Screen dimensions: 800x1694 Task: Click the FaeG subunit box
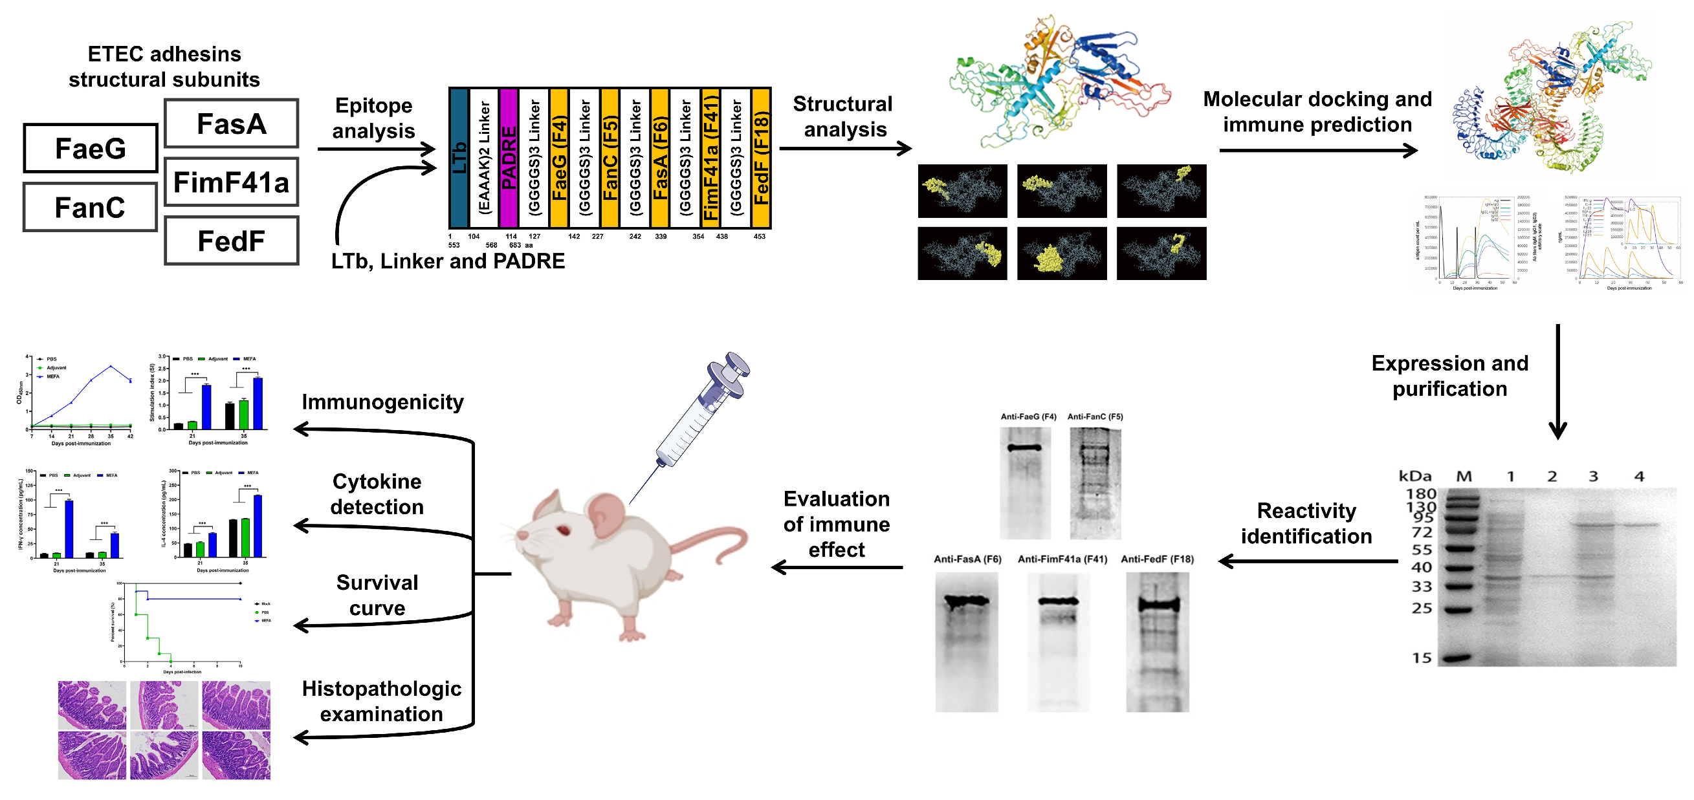[91, 149]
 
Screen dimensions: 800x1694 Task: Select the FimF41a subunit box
[232, 182]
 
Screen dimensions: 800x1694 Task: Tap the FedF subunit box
[232, 241]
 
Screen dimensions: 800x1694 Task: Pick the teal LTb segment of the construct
[458, 158]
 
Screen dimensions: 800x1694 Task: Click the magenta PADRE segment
[509, 158]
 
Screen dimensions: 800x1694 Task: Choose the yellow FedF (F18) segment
[761, 158]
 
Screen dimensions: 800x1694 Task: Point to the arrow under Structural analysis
[845, 149]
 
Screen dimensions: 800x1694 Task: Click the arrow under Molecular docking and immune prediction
[1317, 151]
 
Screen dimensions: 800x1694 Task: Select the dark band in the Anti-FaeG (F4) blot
[1024, 448]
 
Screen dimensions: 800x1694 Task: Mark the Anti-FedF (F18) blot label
[1158, 559]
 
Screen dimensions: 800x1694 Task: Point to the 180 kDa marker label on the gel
[1420, 493]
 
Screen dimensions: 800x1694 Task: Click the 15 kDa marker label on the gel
[1422, 658]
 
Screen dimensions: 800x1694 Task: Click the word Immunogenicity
[382, 402]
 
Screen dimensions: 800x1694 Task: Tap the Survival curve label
[377, 595]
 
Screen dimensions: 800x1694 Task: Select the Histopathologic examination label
[381, 701]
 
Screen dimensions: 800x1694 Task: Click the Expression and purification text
[1449, 375]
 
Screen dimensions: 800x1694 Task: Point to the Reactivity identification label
[1306, 523]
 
